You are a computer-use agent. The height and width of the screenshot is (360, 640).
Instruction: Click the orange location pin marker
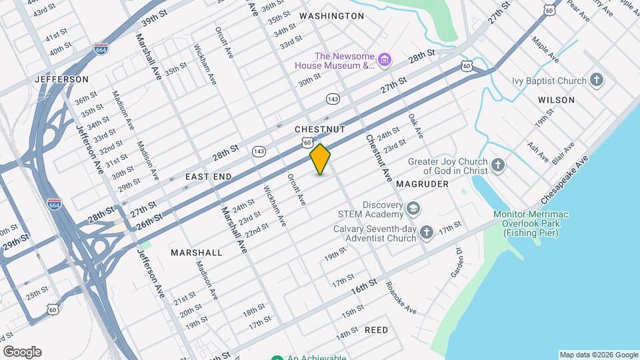(321, 159)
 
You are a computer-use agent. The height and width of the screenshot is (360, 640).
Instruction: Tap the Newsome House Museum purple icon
(385, 61)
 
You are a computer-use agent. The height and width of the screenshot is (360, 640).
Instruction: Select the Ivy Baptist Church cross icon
(597, 81)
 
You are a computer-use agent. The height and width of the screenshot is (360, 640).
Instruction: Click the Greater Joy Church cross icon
(497, 165)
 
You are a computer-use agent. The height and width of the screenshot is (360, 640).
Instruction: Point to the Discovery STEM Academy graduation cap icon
(413, 209)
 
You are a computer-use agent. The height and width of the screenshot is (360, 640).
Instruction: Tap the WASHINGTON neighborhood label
(331, 15)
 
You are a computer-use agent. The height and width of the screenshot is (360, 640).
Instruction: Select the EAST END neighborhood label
(208, 177)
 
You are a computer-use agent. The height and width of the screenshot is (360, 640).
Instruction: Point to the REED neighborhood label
(376, 330)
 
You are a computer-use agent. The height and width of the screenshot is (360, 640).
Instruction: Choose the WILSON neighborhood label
(556, 100)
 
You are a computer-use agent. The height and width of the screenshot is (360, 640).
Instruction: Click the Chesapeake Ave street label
(565, 180)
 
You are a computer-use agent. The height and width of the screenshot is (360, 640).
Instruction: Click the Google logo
(22, 352)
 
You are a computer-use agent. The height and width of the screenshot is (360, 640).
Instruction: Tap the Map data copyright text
(597, 355)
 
